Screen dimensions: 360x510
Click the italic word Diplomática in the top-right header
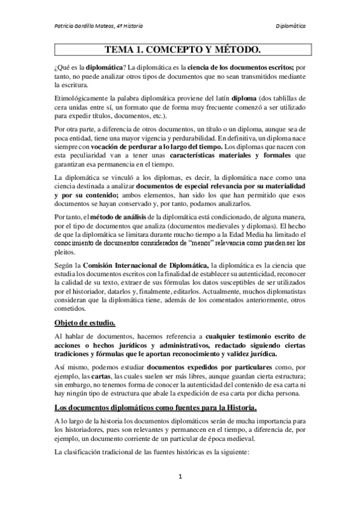tap(290, 26)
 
